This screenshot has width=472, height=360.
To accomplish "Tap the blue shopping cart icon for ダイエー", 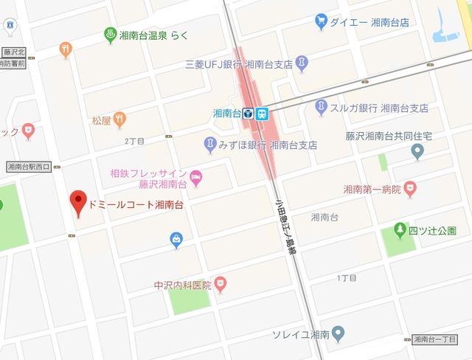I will [321, 22].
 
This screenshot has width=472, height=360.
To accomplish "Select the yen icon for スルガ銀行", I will [321, 107].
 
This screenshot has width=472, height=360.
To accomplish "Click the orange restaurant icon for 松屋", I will [119, 119].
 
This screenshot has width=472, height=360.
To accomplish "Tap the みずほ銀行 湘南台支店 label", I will [268, 145].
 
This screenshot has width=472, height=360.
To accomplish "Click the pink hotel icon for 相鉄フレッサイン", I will [196, 177].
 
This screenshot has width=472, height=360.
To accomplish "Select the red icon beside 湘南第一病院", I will [407, 190].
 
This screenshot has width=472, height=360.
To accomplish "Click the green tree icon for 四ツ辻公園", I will [400, 230].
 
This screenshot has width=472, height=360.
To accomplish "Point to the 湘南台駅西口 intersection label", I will [27, 167].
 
